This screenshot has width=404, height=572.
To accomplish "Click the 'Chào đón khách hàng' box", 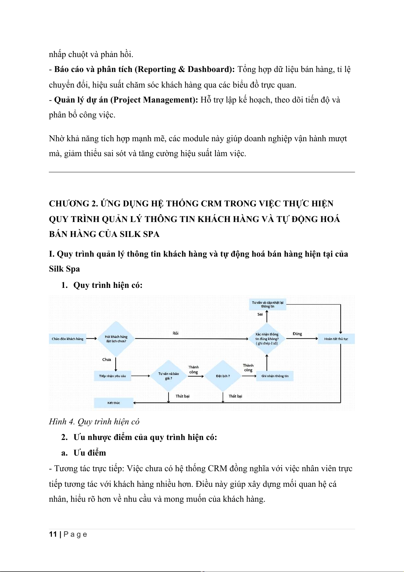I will [68, 339].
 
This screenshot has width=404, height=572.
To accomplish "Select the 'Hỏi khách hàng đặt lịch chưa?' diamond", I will [116, 339].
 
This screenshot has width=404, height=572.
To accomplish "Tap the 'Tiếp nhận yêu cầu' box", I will [112, 376].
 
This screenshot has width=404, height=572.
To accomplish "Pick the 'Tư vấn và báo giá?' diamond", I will [169, 376].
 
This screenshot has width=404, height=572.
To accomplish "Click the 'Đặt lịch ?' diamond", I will [223, 376].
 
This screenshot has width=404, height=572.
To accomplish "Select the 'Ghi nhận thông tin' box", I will [275, 376].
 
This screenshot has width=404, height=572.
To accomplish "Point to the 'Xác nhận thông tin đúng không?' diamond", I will [267, 339].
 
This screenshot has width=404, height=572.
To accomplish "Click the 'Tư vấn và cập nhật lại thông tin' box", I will [268, 304].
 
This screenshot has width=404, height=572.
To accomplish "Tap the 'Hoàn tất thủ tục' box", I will [336, 339].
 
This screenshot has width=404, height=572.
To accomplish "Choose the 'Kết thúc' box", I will [114, 403].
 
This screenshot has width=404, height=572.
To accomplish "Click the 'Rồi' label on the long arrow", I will [175, 333].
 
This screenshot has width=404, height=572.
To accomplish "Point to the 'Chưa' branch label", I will [107, 359].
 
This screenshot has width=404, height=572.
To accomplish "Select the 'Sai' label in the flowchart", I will [260, 314].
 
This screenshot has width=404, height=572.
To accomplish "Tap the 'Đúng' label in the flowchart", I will [297, 334].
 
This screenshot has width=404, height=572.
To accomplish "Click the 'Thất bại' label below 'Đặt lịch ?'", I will [235, 396].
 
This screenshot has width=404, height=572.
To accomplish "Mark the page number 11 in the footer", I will [53, 534].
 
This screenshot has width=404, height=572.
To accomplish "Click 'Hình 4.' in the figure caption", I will [62, 422].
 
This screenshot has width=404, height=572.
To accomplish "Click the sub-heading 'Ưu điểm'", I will [90, 453].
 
